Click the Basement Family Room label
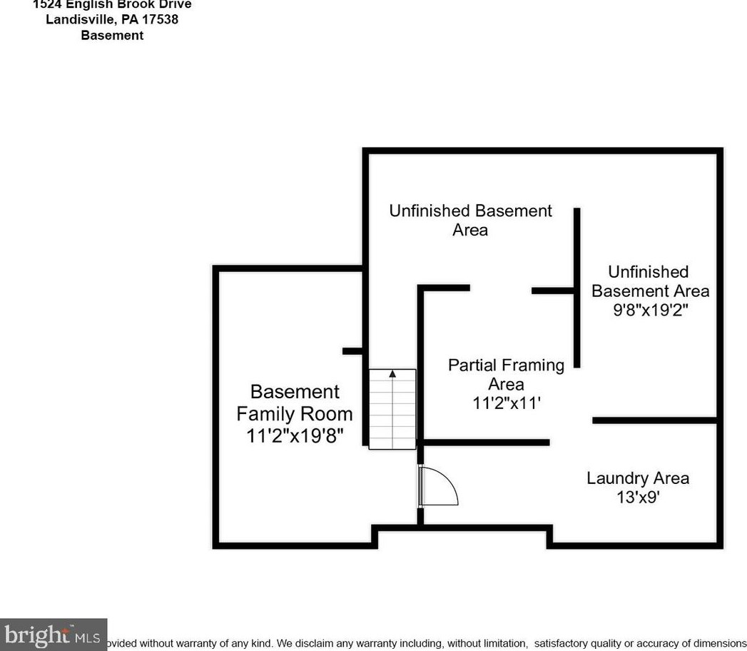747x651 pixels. (294, 403)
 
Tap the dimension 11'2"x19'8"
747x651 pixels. (295, 436)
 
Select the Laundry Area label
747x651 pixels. (638, 478)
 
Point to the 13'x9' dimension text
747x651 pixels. (638, 498)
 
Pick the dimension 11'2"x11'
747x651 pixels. (507, 403)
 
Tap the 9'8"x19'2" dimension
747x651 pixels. (649, 311)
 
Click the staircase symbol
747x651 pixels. (392, 409)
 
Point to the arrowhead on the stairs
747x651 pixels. (392, 373)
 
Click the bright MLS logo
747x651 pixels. (53, 635)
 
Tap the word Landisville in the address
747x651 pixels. (77, 19)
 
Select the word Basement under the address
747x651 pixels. (112, 35)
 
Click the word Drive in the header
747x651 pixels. (173, 4)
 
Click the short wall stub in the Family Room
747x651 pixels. (354, 351)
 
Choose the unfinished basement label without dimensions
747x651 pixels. (470, 220)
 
